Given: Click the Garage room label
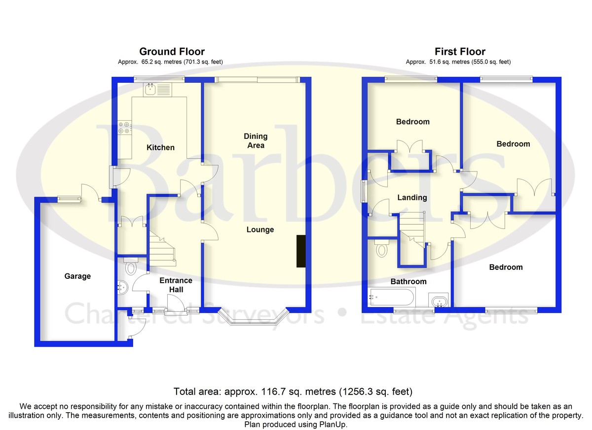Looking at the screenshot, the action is [77, 276].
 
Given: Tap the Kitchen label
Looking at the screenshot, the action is [160, 147].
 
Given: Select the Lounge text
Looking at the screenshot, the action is [260, 230].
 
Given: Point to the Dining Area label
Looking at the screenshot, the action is [256, 141].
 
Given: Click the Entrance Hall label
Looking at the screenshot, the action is [176, 285].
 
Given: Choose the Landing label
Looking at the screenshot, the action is [412, 198].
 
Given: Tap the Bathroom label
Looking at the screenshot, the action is [408, 281].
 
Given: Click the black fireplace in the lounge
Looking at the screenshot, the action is [301, 251].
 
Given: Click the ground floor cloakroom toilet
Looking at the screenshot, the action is [131, 266].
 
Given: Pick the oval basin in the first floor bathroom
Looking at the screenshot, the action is [439, 301].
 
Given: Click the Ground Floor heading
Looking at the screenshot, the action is [172, 51].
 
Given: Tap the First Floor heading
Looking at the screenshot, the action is [460, 51].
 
